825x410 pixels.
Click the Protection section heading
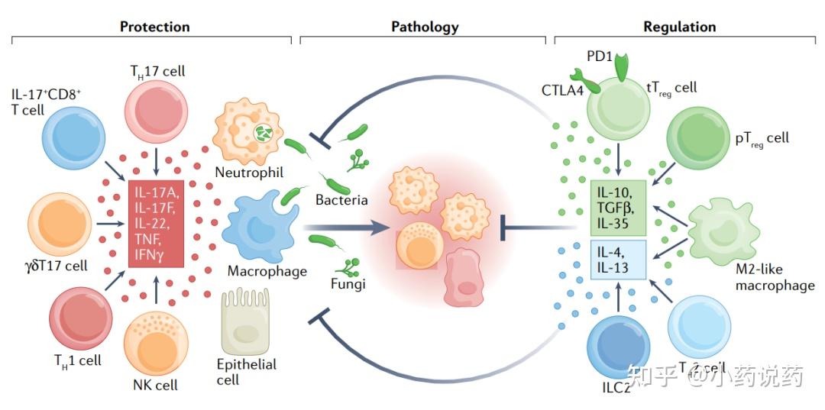[x=154, y=27]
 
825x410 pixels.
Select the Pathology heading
[x=425, y=27]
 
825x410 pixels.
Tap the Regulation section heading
[x=679, y=27]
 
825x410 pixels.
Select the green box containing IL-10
[x=619, y=207]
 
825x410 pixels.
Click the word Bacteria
[x=341, y=200]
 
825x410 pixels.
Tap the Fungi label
[x=348, y=284]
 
